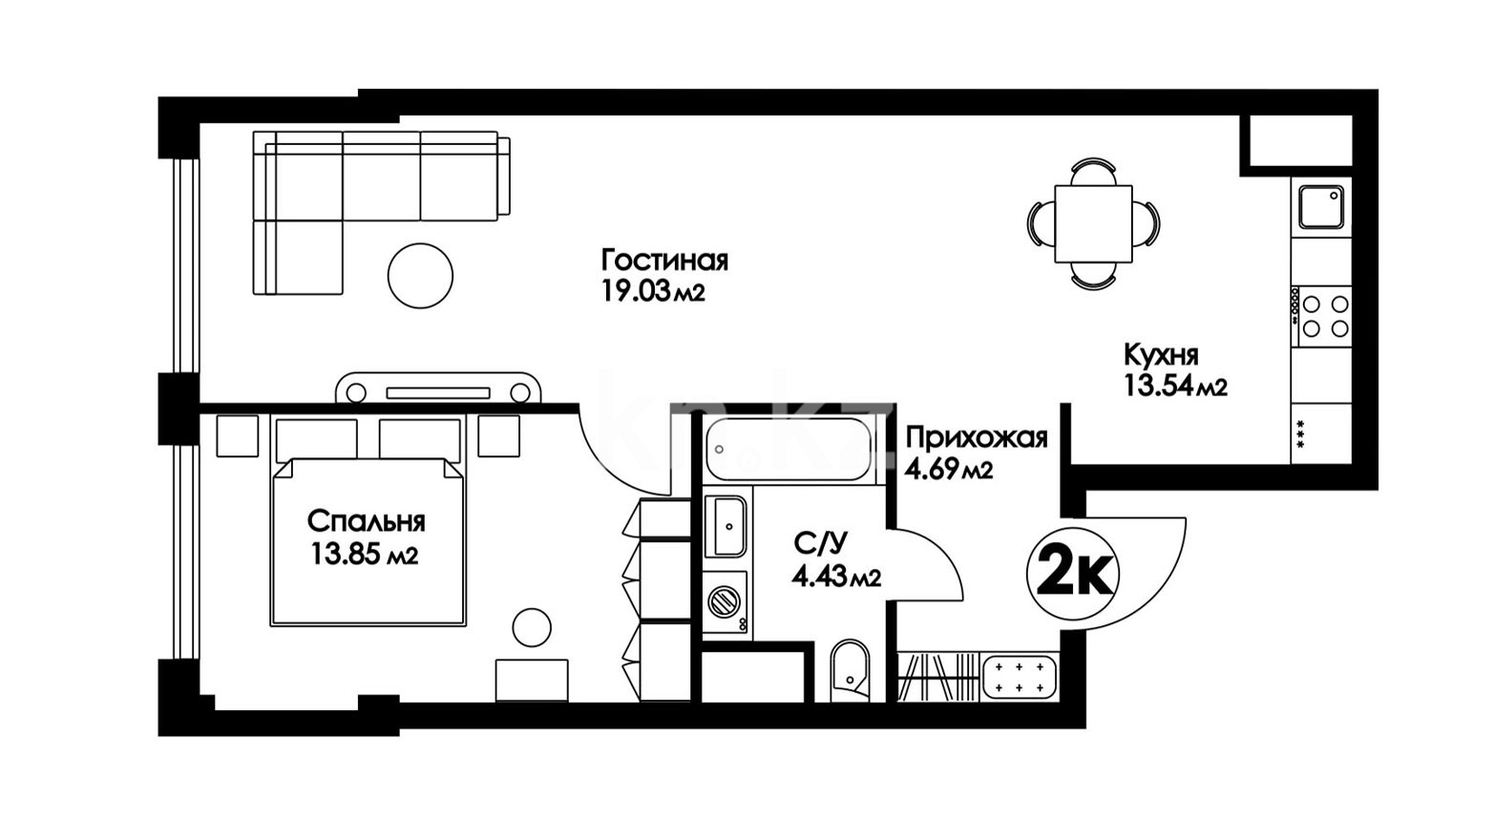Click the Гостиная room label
664,260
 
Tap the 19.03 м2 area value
653,291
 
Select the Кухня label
1161,355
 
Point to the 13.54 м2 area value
1176,386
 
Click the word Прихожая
977,439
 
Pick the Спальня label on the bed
367,521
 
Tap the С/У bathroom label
821,543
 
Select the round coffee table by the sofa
420,275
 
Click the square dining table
1093,223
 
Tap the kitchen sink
1320,207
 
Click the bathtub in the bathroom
789,449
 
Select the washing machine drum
725,602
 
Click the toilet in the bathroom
850,671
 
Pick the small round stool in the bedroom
532,627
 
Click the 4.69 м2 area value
949,471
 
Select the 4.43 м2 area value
836,575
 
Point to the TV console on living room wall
438,388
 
